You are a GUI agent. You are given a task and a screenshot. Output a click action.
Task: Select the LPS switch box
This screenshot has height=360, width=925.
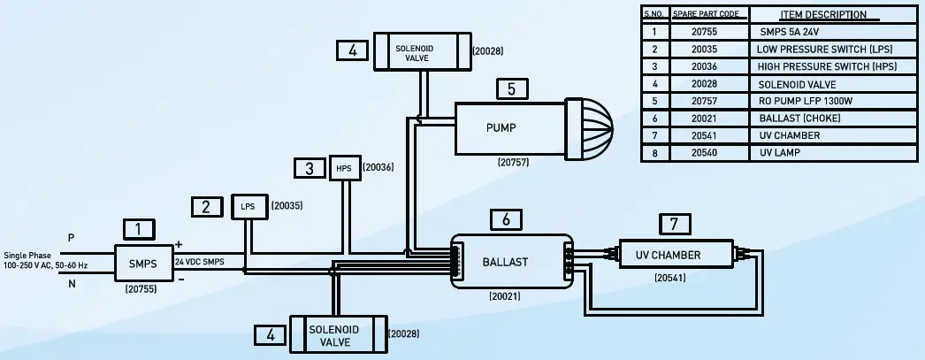[x=248, y=207]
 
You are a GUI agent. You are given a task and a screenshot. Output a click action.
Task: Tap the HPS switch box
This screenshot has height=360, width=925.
[x=344, y=167]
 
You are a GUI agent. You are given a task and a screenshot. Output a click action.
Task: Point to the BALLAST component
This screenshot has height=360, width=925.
[x=505, y=262]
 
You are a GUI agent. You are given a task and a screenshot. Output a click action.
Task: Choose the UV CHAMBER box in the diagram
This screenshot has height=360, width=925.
[x=676, y=256]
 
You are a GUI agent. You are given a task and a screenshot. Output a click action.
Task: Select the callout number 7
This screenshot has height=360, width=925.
[x=676, y=225]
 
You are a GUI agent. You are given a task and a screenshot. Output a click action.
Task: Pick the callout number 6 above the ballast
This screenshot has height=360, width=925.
[x=505, y=219]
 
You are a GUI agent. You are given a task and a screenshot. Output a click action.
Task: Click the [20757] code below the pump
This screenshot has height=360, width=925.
[x=512, y=164]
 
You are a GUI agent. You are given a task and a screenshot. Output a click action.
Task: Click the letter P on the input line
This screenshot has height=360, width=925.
[x=71, y=238]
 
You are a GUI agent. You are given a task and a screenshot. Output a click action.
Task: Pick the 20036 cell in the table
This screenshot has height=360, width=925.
[x=709, y=66]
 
